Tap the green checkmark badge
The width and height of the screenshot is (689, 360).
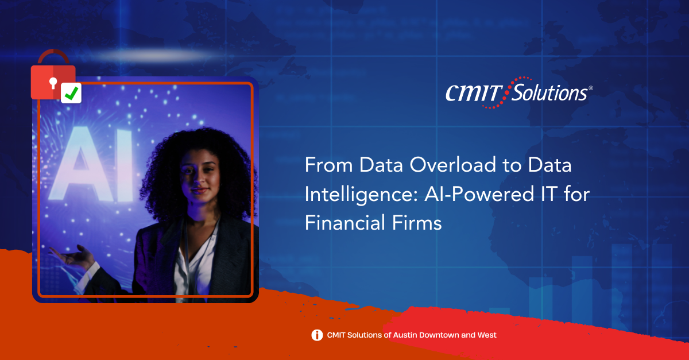(x=71, y=92)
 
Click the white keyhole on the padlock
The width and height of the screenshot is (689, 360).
(x=53, y=83)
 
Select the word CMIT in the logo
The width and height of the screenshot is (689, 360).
(x=474, y=93)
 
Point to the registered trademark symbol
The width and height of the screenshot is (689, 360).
(x=591, y=88)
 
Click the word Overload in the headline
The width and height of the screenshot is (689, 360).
(x=453, y=165)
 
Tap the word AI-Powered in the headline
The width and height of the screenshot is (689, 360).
(x=479, y=194)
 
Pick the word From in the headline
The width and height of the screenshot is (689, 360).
(x=328, y=165)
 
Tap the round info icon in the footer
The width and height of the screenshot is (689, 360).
(x=317, y=335)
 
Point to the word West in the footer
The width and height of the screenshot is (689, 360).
(x=487, y=335)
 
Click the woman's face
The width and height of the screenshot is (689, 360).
(x=199, y=175)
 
